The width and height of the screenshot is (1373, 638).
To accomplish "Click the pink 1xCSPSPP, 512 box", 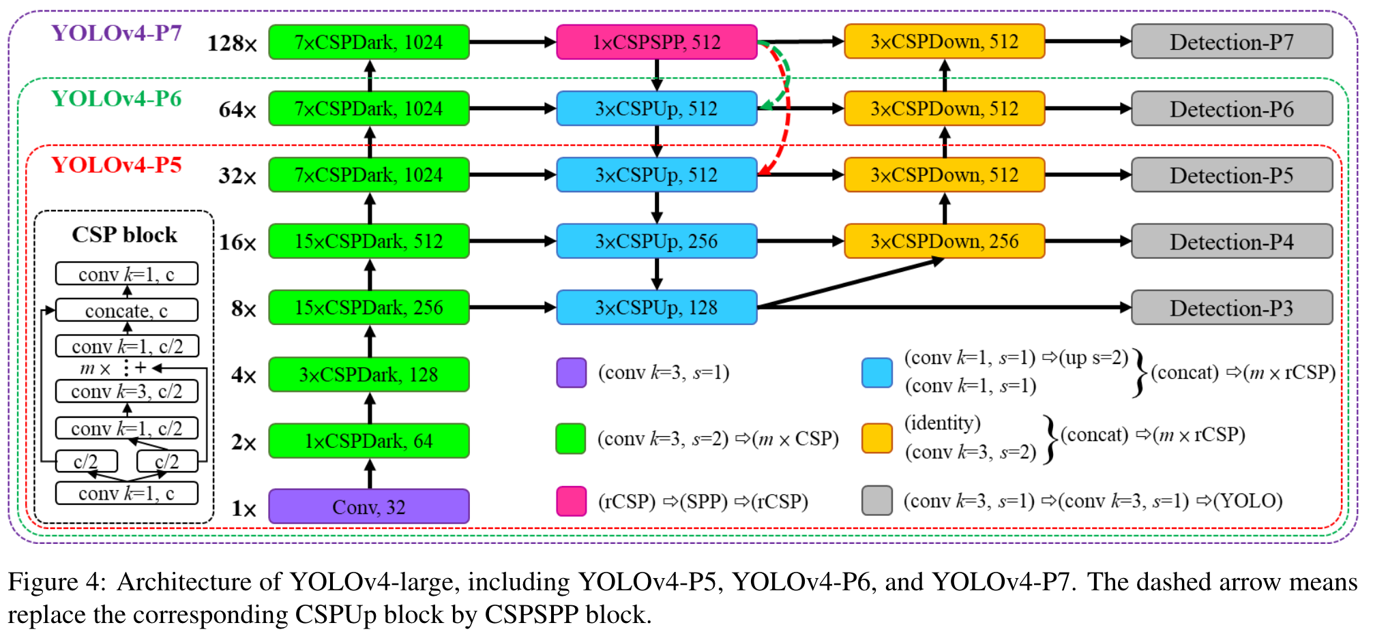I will point(656,42).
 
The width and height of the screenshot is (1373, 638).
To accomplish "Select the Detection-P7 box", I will point(1231,42).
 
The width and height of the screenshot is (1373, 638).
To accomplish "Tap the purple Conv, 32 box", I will point(368,506).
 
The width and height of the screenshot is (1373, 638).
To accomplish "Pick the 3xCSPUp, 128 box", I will point(656,307).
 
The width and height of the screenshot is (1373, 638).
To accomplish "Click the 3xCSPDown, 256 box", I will point(944,241).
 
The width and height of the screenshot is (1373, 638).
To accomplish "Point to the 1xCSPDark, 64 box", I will point(368,441).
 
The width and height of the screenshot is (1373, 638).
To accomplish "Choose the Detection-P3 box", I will point(1231,307).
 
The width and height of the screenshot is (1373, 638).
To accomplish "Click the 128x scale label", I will point(232,44).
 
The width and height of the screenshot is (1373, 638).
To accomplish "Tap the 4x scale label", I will point(243,375).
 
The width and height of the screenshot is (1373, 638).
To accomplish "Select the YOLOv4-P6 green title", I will point(117,99).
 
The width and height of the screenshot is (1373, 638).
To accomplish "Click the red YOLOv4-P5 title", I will point(117,165).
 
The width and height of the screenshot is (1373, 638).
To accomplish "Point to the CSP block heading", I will point(124,234).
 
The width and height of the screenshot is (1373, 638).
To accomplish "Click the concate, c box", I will point(126,311).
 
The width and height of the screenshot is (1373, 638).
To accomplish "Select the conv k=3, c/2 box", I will point(126,391).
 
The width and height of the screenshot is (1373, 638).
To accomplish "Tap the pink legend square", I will point(571,501).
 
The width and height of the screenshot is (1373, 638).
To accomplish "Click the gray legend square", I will point(876,500).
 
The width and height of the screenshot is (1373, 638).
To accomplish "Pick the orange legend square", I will point(876,438).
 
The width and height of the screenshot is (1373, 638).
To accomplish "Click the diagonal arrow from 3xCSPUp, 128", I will point(849,284).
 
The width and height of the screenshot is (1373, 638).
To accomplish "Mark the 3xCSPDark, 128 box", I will point(368,374).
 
